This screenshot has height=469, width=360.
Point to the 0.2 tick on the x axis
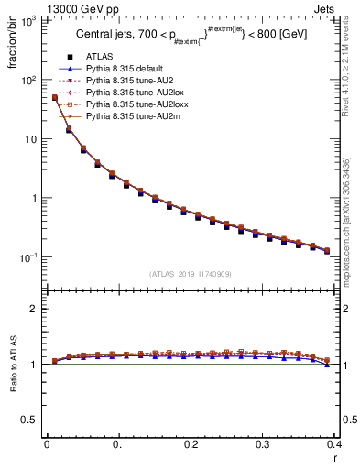(191, 444)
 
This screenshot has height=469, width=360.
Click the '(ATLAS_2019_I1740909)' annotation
(190, 274)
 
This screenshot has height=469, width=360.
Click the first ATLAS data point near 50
(55, 98)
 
